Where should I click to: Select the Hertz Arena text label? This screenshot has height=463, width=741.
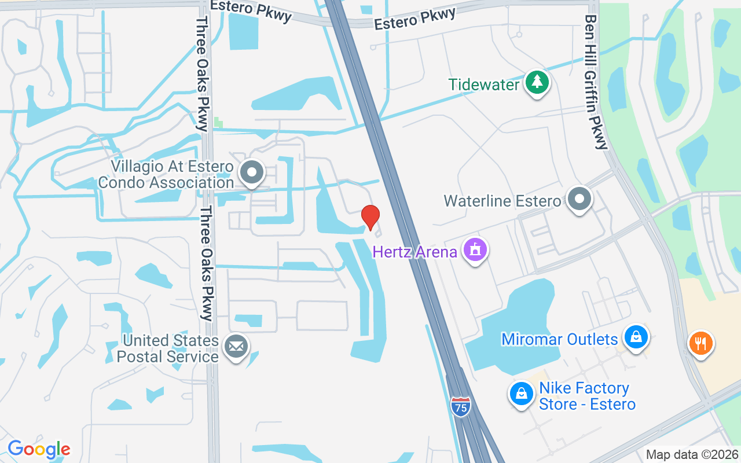pos(415,252)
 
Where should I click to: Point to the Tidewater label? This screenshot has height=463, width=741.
pos(484,84)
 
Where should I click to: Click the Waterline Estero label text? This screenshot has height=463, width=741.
pos(502,201)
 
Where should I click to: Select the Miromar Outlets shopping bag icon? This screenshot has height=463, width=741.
pos(636,336)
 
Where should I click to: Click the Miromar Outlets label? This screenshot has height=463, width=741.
pos(559,339)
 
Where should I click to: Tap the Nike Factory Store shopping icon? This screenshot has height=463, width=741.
pos(521,394)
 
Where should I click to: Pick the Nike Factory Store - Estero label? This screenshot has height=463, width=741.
pos(587,396)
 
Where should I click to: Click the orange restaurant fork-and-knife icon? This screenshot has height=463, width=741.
pos(700,343)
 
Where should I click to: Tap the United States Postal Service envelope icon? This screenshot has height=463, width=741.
pos(236,346)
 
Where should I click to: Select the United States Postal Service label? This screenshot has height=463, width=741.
pos(168,348)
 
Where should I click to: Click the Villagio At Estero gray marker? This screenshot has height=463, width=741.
pos(252,172)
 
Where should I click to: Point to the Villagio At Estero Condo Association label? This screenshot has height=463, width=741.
pos(166,175)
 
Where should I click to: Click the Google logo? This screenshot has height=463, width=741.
pos(39,449)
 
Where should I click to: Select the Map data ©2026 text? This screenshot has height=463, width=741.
pos(692,454)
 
